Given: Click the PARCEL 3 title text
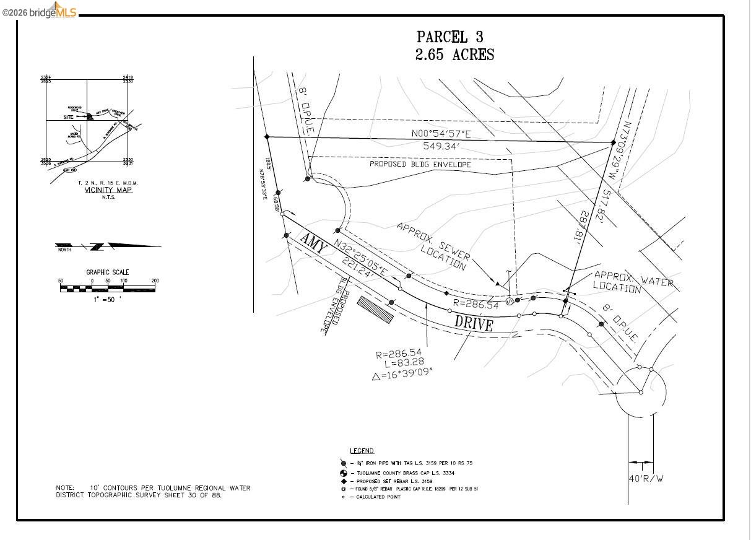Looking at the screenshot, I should coord(449,37).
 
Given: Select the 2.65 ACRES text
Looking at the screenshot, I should coord(454,55).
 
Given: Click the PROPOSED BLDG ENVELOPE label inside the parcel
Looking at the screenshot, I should coord(420,165).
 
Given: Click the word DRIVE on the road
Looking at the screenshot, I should coord(474,323).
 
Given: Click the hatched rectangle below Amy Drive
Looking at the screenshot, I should coord(375,310).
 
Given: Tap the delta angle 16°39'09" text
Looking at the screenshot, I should coord(402,373).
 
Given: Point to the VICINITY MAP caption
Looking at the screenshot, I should coord(108,190).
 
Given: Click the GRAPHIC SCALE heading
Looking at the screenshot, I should coord(107,272).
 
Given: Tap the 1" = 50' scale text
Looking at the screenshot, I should coord(107,299).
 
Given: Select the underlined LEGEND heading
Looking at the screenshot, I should coord(362,451).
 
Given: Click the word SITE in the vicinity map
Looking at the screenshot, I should coord(68,116).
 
